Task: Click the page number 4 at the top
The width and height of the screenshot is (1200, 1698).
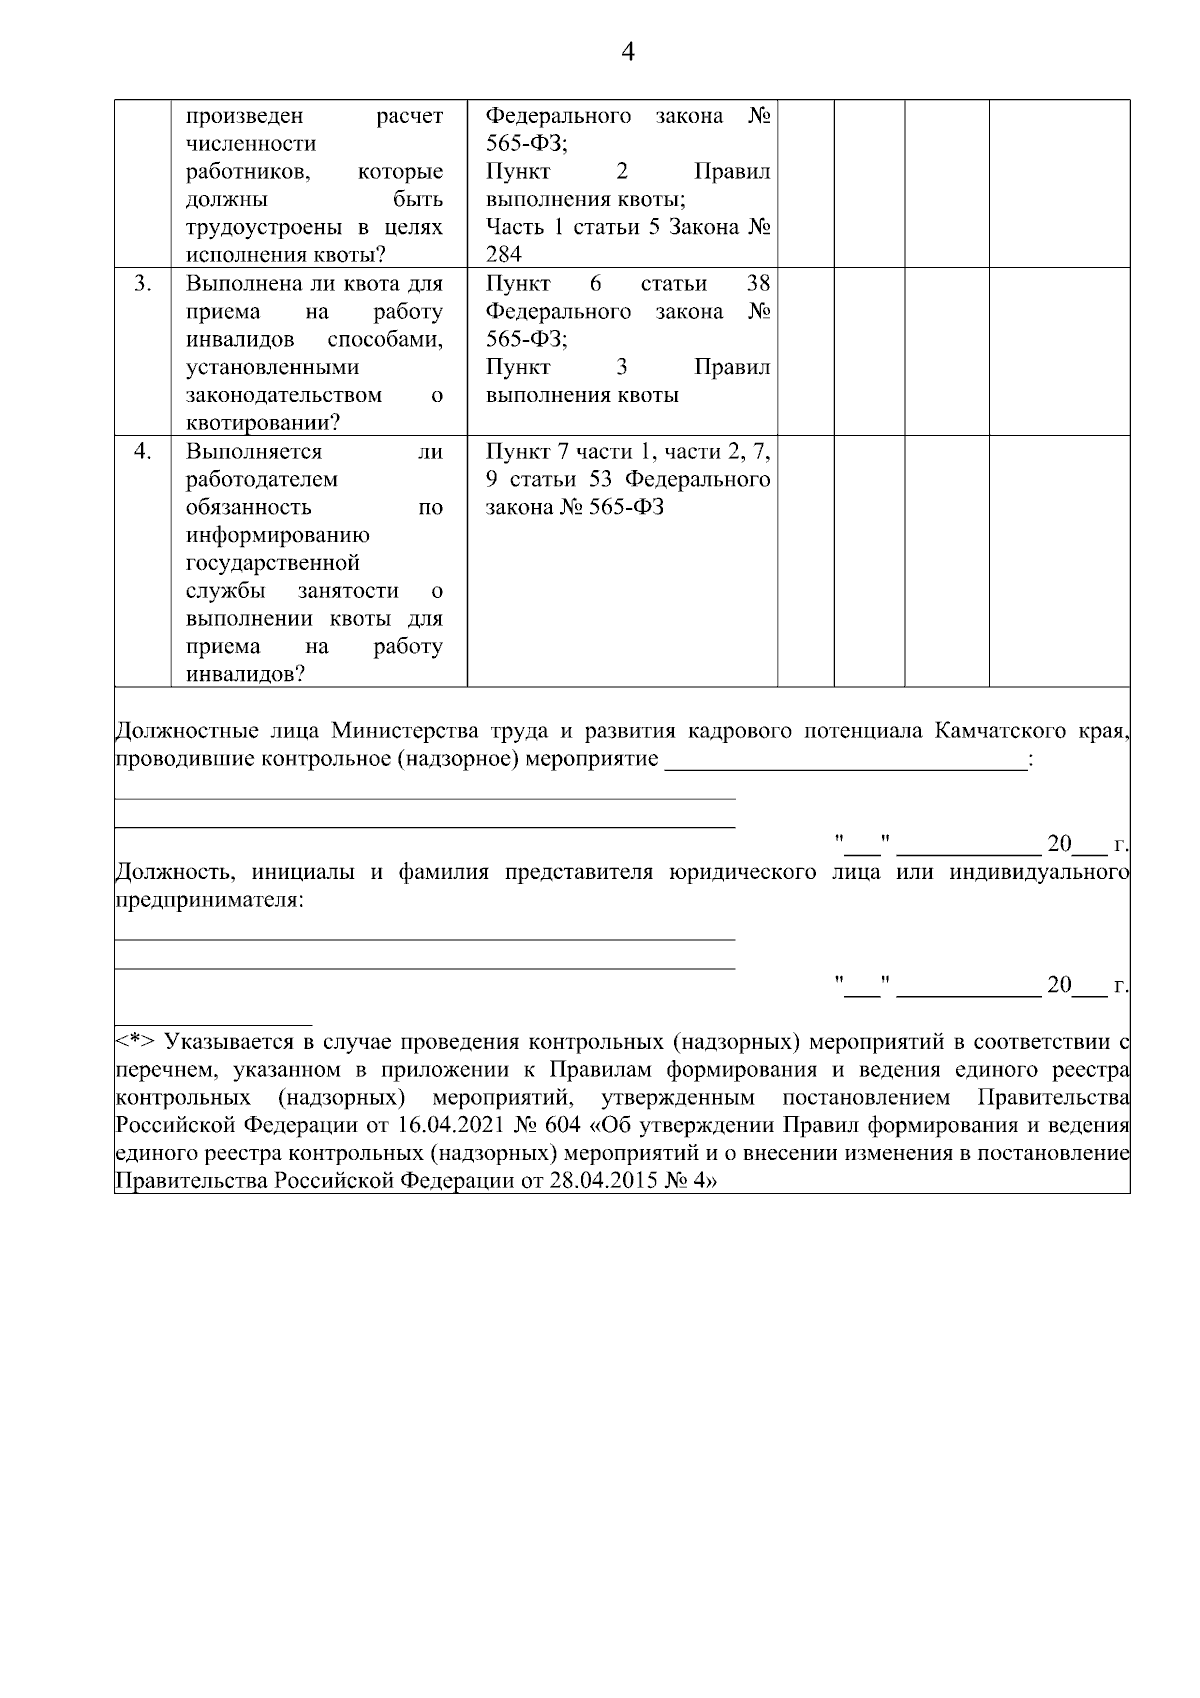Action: tap(628, 53)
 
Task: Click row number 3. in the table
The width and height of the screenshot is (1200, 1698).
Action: tap(143, 284)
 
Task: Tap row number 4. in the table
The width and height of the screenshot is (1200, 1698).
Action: tap(143, 452)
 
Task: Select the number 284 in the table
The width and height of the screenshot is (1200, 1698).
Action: tap(504, 255)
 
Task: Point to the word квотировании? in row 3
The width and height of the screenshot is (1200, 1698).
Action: tap(263, 424)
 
